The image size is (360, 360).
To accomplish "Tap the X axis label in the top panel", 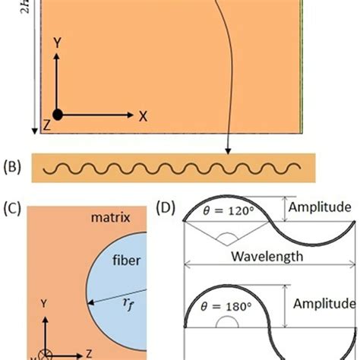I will (142, 115).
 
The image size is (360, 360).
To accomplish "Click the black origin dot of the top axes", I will (58, 115).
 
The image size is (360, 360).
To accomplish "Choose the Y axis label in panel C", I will (44, 303).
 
